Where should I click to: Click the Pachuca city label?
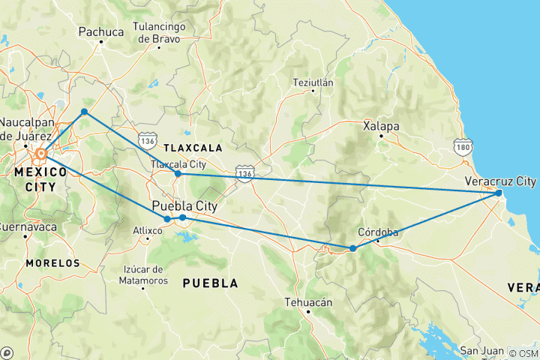point(100,32)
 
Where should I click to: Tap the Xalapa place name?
point(381,126)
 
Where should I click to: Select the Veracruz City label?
point(500,181)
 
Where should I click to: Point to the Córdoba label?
point(377,232)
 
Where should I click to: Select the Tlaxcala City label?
point(178,163)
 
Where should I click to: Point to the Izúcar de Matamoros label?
point(142,274)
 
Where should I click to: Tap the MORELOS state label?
point(52,263)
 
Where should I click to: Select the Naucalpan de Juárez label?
point(25,128)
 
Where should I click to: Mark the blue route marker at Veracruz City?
point(499,193)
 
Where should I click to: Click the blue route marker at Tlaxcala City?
point(178,174)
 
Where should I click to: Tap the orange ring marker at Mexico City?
point(41,154)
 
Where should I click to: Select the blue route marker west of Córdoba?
point(353,248)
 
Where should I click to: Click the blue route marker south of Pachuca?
point(84,112)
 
